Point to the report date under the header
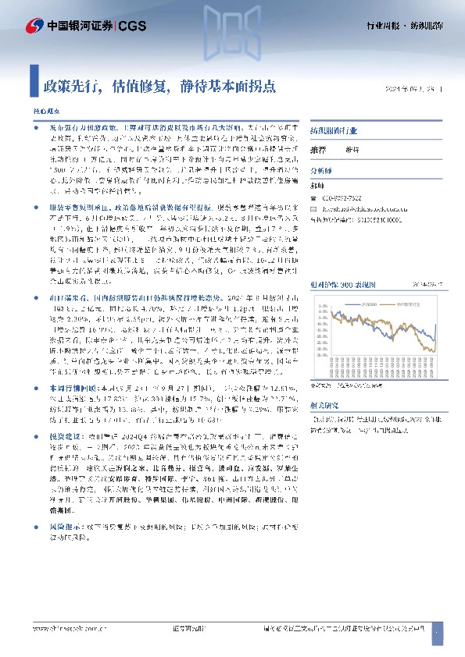tap(413, 88)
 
